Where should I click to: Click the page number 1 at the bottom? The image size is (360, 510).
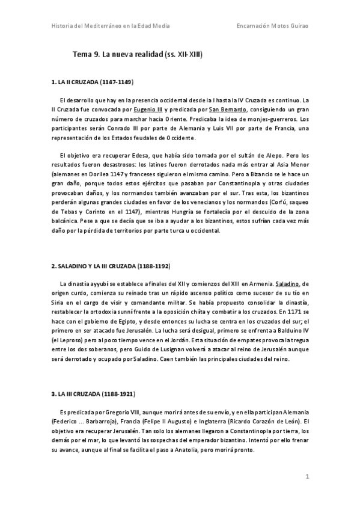(307, 477)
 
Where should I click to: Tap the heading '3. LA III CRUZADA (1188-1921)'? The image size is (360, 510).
(93, 395)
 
